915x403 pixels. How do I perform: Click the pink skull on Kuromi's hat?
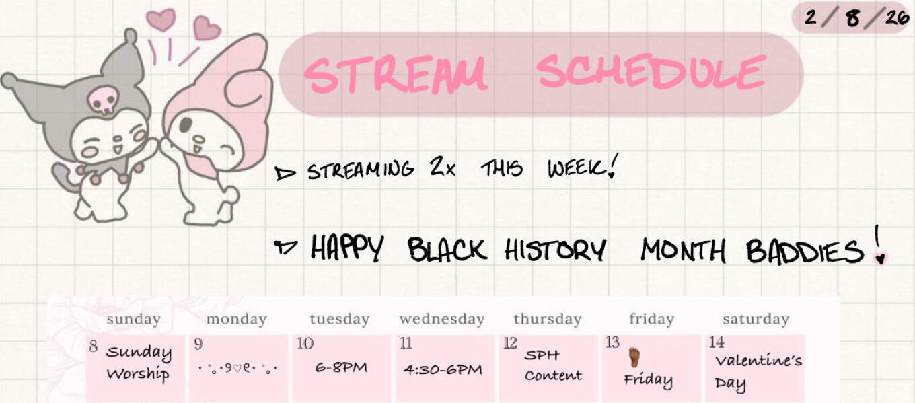coord(104,100)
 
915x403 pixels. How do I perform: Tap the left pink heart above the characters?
coord(161,20)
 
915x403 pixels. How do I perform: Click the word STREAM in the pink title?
coord(396,75)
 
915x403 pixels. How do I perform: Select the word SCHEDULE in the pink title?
coord(651,72)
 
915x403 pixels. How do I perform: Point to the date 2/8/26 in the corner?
coord(856,17)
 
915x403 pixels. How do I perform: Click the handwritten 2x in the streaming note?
coord(443,167)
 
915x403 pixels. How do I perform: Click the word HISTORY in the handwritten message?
coord(555,250)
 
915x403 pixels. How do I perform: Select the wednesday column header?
coord(442,320)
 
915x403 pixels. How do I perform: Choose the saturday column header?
coord(756,320)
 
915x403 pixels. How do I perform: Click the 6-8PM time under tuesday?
coord(341,367)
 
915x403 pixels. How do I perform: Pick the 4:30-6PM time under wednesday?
coord(443,370)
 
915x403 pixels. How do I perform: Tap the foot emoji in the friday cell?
coord(634,357)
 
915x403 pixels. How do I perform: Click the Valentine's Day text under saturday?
coord(758,372)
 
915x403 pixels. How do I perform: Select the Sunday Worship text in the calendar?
coord(138,363)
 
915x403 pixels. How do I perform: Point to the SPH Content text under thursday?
coord(553,365)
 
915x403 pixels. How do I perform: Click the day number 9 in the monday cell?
coord(198,344)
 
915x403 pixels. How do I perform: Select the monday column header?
coord(237,320)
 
